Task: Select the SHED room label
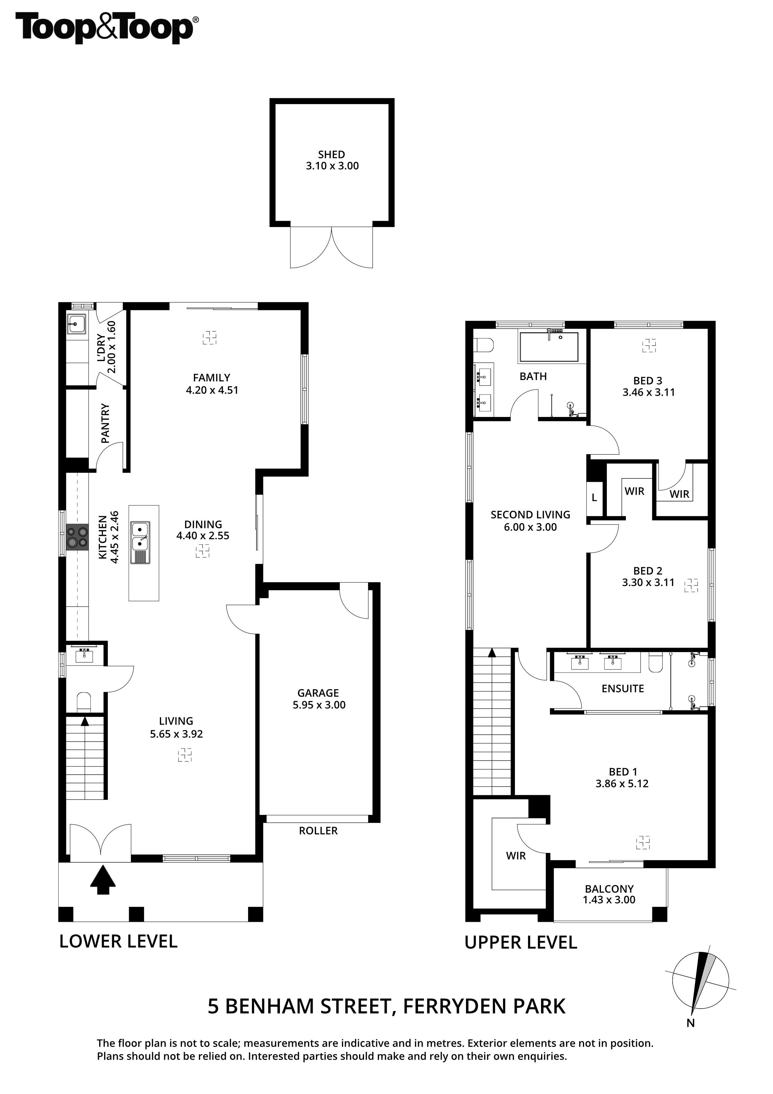(332, 154)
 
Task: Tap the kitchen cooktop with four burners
(77, 537)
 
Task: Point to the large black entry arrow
(103, 880)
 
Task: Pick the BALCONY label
(609, 888)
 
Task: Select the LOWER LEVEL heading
(118, 942)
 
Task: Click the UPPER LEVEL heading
(521, 942)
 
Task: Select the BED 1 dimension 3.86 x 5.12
(622, 784)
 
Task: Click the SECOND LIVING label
(530, 515)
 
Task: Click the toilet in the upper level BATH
(484, 345)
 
